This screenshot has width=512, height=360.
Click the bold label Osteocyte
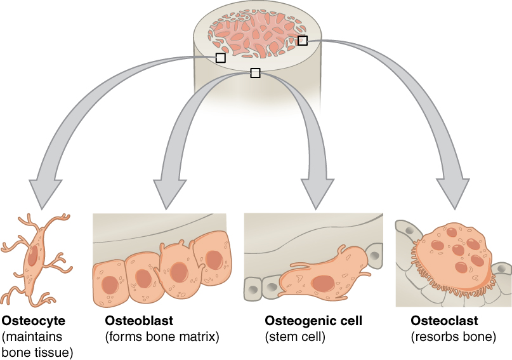pos(34,321)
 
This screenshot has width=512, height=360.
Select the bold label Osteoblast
pos(139,321)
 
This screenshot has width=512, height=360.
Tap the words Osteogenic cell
pos(313,321)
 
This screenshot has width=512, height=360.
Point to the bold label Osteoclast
pos(444,321)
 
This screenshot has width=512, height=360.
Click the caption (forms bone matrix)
pos(162,337)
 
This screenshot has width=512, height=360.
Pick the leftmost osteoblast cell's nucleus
pos(110,284)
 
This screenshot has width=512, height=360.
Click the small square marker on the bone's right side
pos(303,41)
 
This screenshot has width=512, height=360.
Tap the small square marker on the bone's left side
pos(220,58)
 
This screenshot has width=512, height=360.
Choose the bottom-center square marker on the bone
pos(255,73)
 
